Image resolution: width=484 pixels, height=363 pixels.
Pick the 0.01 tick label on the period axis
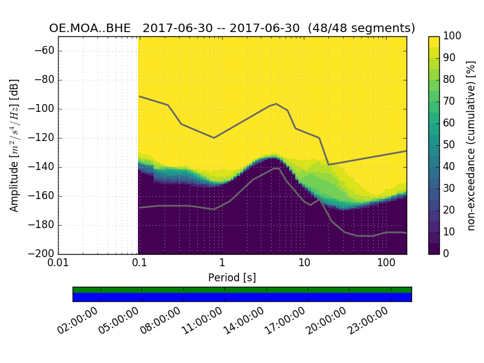point(59,264)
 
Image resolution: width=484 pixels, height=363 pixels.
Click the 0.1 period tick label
point(140,264)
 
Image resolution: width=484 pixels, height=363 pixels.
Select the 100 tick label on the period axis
point(386,264)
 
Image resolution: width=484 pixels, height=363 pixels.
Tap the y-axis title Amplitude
point(15,145)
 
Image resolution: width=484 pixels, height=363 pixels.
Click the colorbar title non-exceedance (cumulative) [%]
point(471,145)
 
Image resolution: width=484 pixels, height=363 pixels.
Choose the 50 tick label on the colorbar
point(450,145)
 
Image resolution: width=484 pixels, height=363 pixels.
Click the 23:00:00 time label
point(368,321)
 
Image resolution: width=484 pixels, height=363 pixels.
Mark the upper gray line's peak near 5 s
point(276,104)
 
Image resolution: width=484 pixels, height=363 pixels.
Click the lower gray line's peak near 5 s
point(277,168)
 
